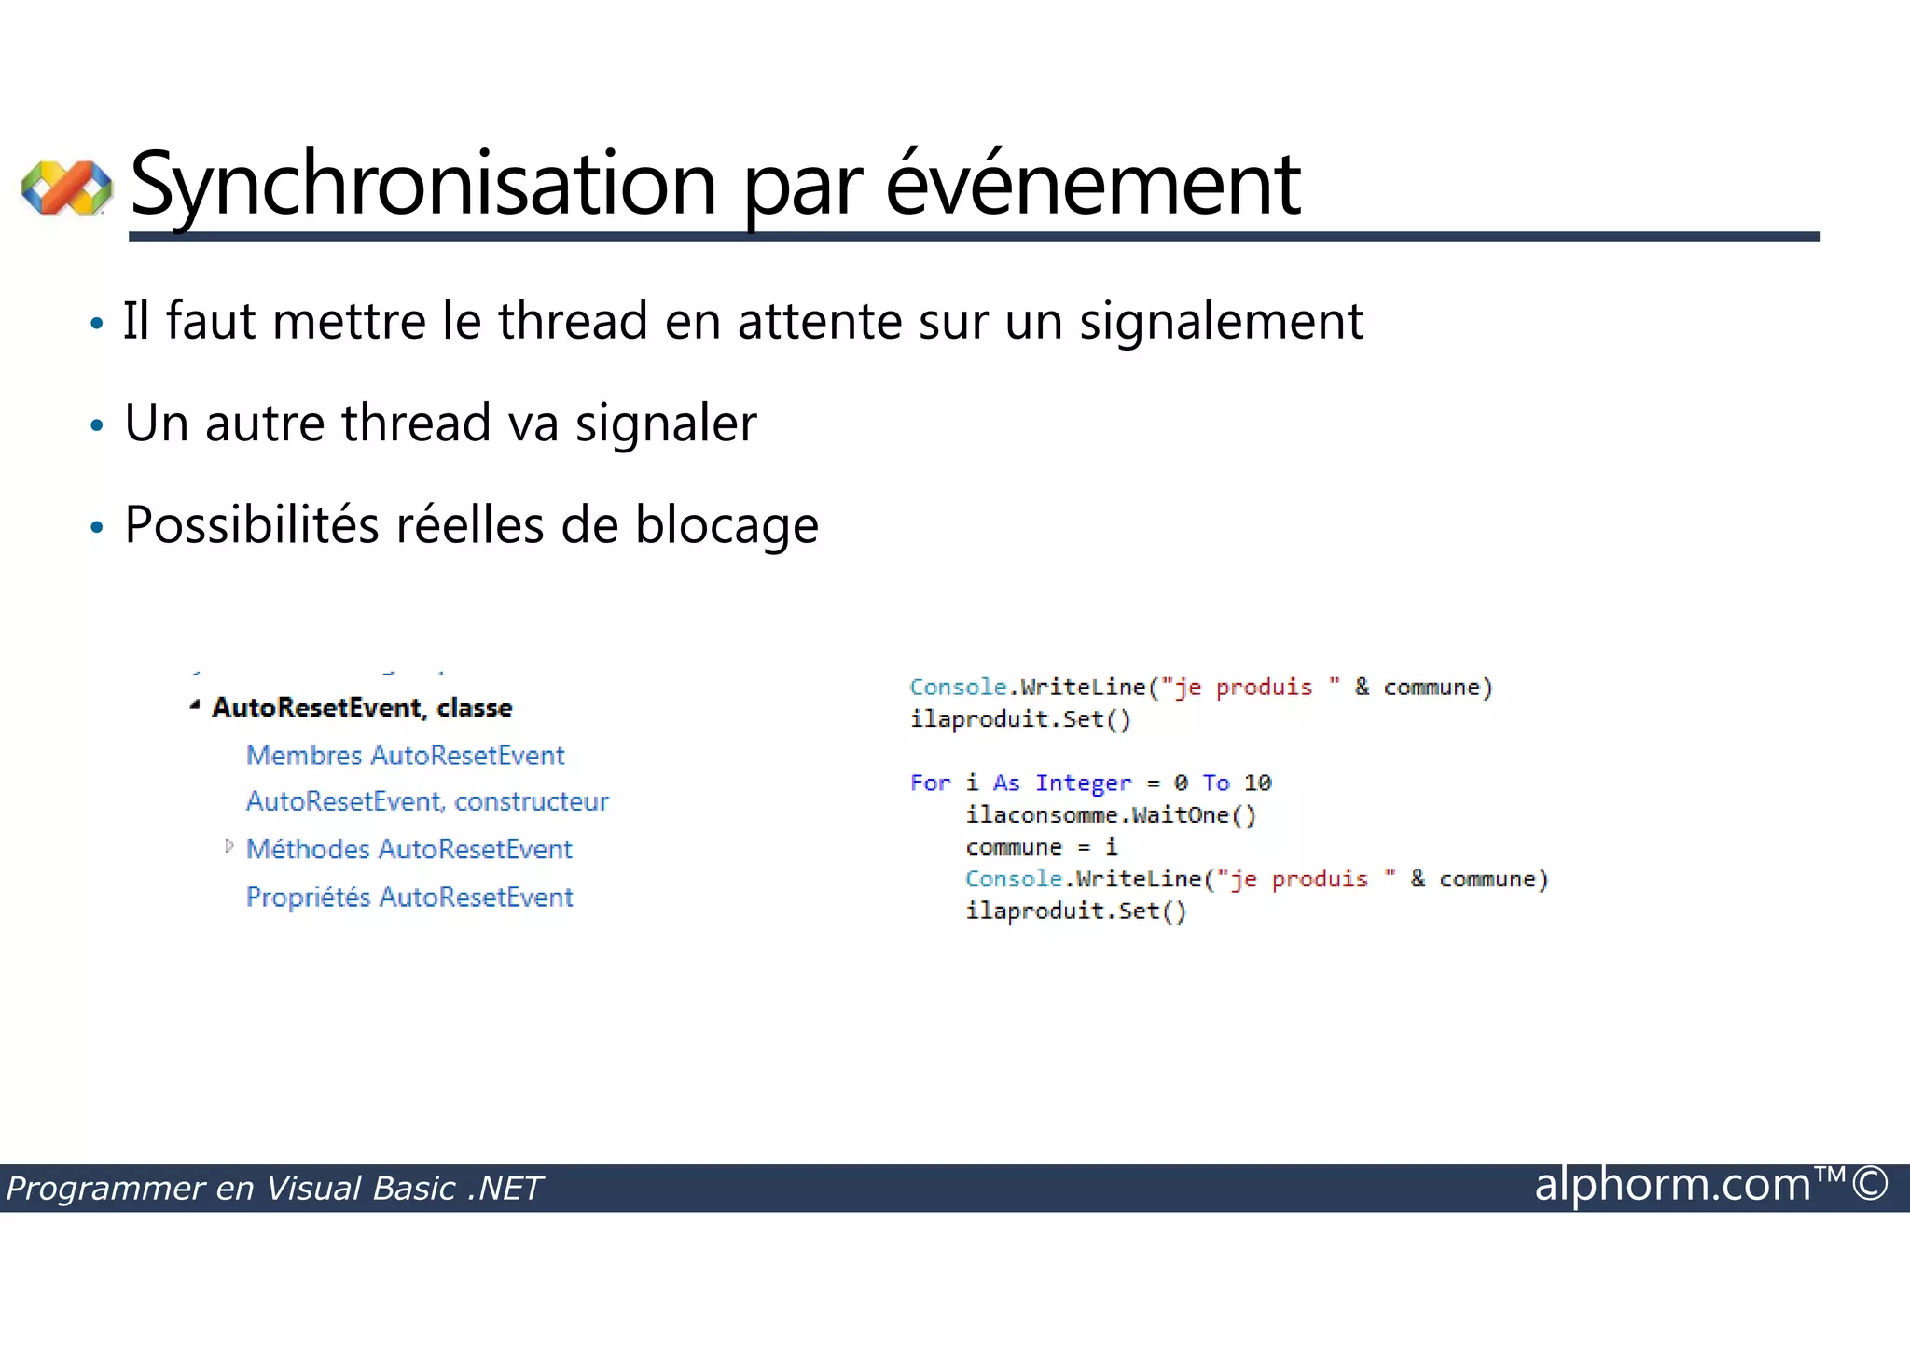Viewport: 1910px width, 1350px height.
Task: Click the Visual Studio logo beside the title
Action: (x=66, y=188)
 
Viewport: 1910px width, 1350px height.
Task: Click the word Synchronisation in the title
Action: (x=423, y=184)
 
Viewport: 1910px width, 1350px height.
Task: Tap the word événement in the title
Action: (x=1092, y=184)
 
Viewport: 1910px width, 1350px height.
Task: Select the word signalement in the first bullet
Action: (x=1221, y=322)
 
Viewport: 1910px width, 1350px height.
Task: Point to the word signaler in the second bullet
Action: (x=666, y=424)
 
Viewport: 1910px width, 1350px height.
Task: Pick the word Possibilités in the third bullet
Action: (x=252, y=525)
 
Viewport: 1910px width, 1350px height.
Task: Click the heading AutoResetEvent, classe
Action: (x=362, y=708)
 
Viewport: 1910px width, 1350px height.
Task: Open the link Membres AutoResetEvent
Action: (x=405, y=756)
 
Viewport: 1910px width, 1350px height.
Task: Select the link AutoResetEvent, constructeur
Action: (x=427, y=802)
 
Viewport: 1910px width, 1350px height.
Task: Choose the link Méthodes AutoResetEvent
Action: (x=408, y=850)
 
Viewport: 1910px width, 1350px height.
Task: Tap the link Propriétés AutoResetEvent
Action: (x=409, y=898)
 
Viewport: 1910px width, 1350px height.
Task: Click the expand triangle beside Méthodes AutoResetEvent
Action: (x=229, y=846)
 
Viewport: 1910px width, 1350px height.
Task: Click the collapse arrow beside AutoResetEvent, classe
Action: (x=195, y=706)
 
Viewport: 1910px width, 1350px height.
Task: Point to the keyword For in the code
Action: (x=930, y=784)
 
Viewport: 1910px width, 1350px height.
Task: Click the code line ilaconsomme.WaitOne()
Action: (x=1111, y=815)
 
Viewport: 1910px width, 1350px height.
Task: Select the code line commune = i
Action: (x=1041, y=847)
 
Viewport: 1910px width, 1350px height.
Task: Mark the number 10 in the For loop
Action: (x=1257, y=784)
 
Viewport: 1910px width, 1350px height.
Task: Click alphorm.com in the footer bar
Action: (x=1671, y=1185)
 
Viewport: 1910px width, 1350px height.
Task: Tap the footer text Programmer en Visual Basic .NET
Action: (x=274, y=1189)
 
